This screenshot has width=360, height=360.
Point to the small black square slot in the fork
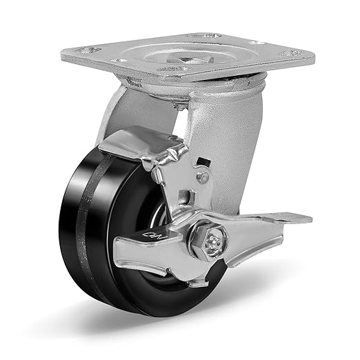202,163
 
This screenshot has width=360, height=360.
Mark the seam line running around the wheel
89,228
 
